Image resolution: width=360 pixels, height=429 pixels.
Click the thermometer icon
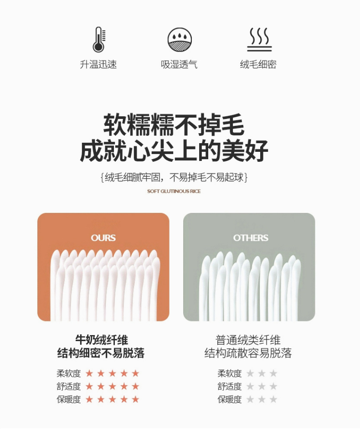pyautogui.click(x=99, y=40)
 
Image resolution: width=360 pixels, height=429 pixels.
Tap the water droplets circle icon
pyautogui.click(x=180, y=39)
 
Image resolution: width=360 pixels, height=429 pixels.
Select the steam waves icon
pyautogui.click(x=259, y=39)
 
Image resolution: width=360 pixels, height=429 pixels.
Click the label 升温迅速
pyautogui.click(x=98, y=65)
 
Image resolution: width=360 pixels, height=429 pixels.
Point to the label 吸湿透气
pyautogui.click(x=179, y=65)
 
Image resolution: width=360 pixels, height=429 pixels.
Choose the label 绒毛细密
pyautogui.click(x=258, y=65)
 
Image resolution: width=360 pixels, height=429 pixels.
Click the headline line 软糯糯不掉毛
pyautogui.click(x=174, y=125)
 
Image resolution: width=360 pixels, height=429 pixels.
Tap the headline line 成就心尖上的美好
pyautogui.click(x=174, y=151)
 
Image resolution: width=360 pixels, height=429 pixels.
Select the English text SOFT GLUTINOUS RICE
pyautogui.click(x=174, y=191)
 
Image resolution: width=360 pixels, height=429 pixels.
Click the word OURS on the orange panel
pyautogui.click(x=103, y=238)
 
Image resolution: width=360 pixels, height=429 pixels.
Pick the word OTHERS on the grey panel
pyautogui.click(x=251, y=238)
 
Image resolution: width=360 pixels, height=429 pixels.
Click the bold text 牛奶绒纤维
pyautogui.click(x=102, y=340)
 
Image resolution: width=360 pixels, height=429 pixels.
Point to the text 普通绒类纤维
pyautogui.click(x=248, y=340)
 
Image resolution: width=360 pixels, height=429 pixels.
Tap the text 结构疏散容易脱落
pyautogui.click(x=248, y=353)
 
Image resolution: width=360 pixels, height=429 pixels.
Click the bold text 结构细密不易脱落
pyautogui.click(x=101, y=353)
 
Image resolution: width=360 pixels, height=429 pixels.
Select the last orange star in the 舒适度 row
pyautogui.click(x=135, y=386)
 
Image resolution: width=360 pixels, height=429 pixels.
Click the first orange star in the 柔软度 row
pyautogui.click(x=89, y=373)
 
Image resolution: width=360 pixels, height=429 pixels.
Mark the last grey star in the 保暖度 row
pyautogui.click(x=273, y=399)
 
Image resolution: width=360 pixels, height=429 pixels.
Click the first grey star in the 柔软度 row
pyautogui.click(x=250, y=373)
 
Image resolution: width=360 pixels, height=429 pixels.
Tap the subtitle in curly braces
pyautogui.click(x=174, y=177)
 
